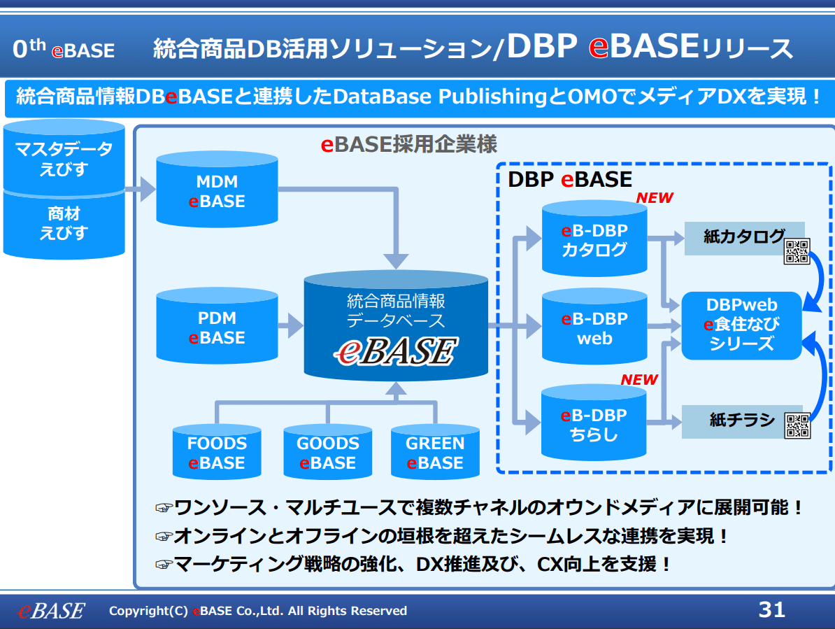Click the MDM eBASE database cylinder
click(217, 191)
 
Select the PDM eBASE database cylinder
click(217, 327)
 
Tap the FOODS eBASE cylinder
click(217, 453)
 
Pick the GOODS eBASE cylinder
click(327, 453)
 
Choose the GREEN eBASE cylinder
click(435, 453)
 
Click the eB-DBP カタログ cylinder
click(594, 240)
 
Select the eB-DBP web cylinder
click(594, 328)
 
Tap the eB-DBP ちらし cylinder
click(594, 424)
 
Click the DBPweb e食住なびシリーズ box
click(741, 325)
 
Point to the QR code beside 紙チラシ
click(797, 425)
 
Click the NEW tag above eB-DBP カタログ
click(654, 198)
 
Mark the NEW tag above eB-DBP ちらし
click(639, 379)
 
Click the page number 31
click(771, 609)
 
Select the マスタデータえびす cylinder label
click(63, 159)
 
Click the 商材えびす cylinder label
click(63, 223)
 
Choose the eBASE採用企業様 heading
click(408, 144)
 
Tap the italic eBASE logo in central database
click(395, 351)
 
